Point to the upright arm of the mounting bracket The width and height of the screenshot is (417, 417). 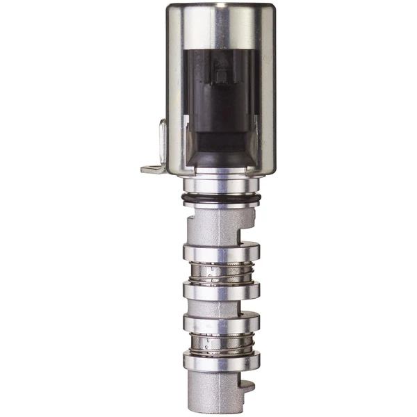tap(163, 142)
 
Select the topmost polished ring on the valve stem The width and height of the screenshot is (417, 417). tap(221, 252)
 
